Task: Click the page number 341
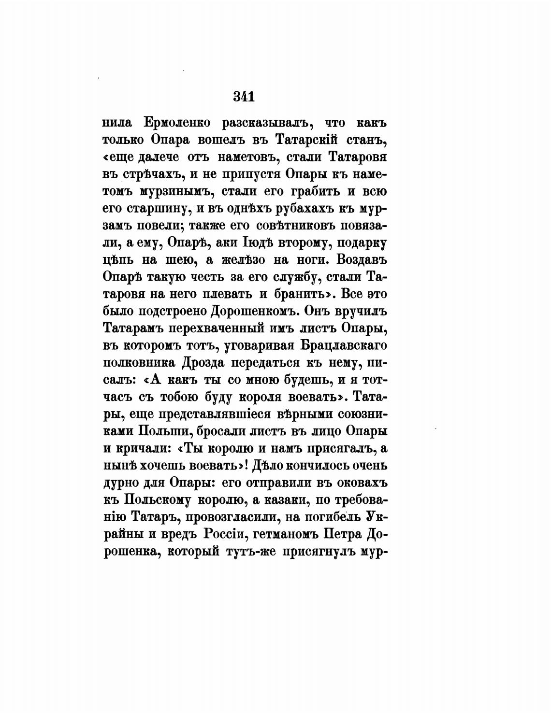click(244, 97)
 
